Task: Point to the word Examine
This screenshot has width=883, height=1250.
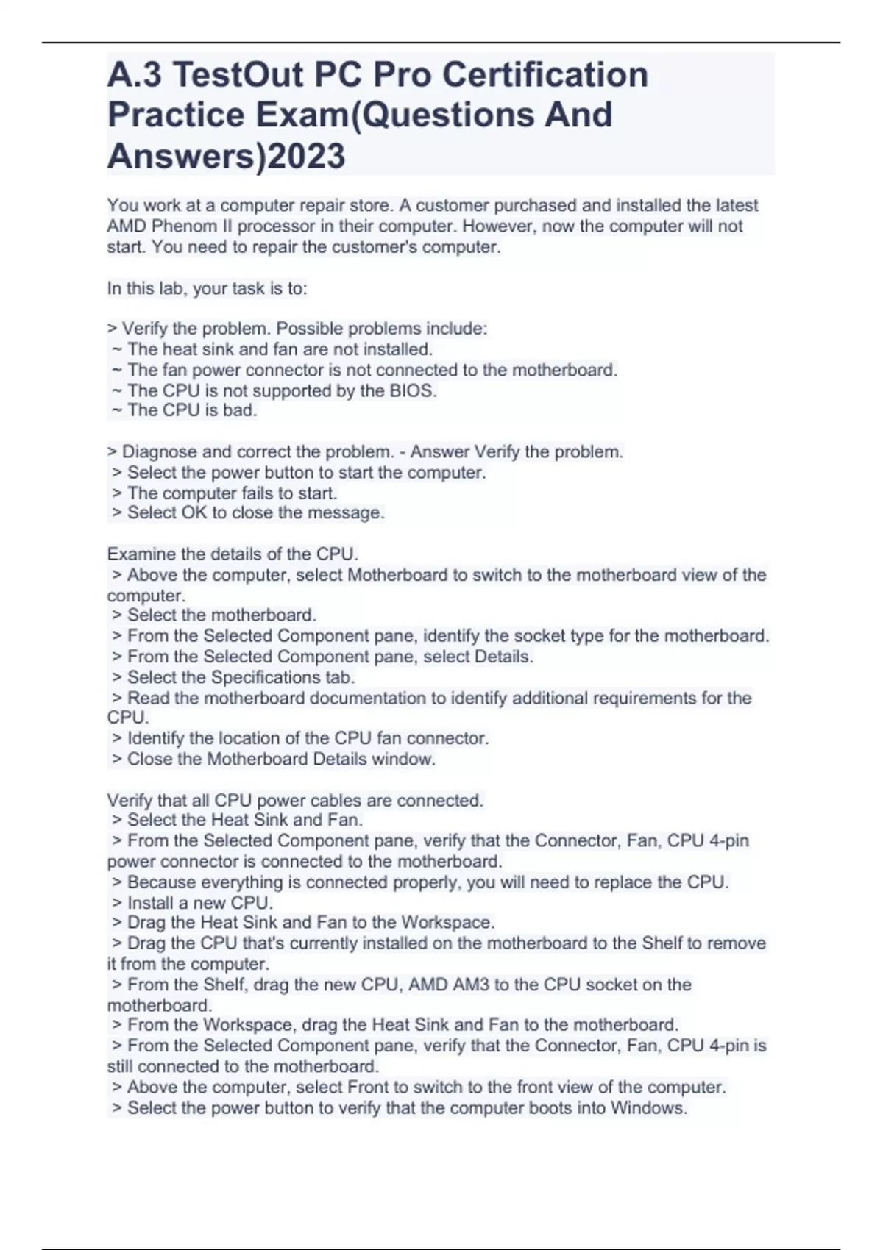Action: [x=141, y=554]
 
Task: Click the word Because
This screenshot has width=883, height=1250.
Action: [x=162, y=882]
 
